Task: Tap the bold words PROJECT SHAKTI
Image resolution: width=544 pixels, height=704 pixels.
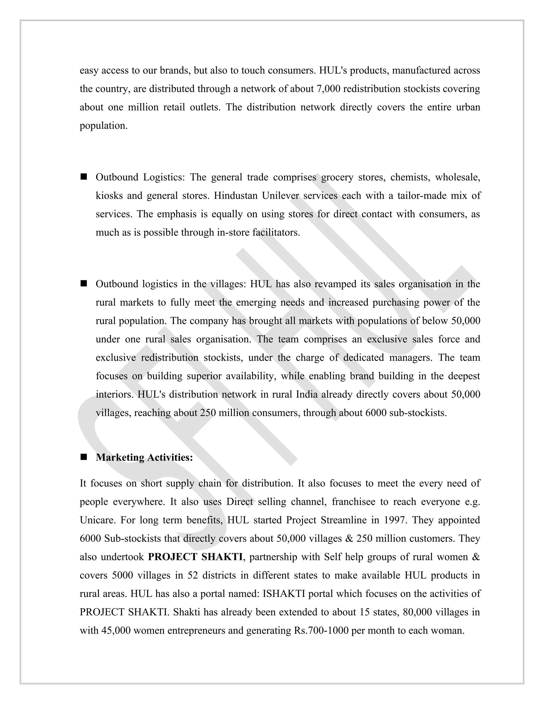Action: pyautogui.click(x=195, y=557)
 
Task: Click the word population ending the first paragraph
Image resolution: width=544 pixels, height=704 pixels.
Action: pyautogui.click(x=103, y=125)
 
